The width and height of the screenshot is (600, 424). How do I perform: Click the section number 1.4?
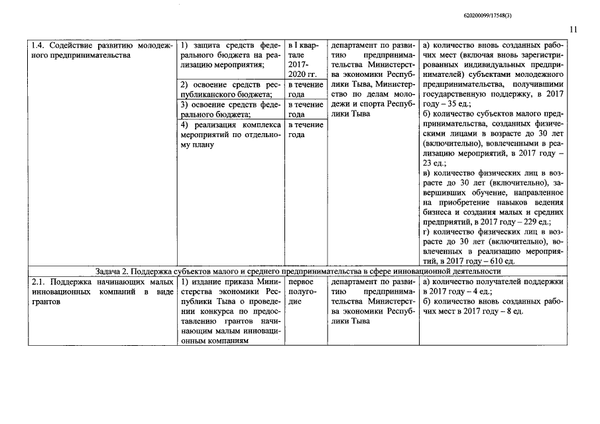[x=40, y=45]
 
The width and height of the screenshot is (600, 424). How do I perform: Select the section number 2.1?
[x=40, y=282]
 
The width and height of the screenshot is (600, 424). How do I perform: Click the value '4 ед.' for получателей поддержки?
[x=476, y=292]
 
